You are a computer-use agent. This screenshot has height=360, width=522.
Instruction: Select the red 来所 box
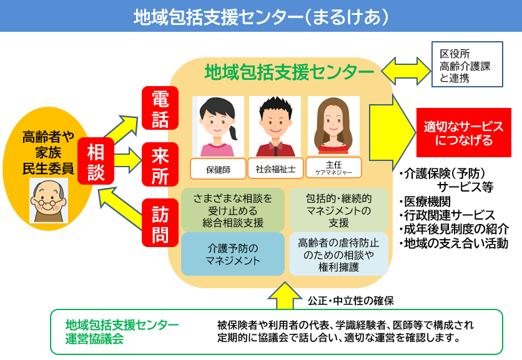click(160, 164)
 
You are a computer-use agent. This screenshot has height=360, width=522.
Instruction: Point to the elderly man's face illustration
click(49, 200)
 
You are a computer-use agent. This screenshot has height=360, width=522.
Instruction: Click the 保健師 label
click(219, 168)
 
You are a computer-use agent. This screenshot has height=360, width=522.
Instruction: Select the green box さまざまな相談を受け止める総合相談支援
click(232, 210)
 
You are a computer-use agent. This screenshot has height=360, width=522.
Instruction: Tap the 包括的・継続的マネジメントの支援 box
click(338, 210)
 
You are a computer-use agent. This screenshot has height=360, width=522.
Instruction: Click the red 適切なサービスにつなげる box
click(463, 133)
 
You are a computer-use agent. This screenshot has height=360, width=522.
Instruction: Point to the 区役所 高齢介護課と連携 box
click(467, 63)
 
